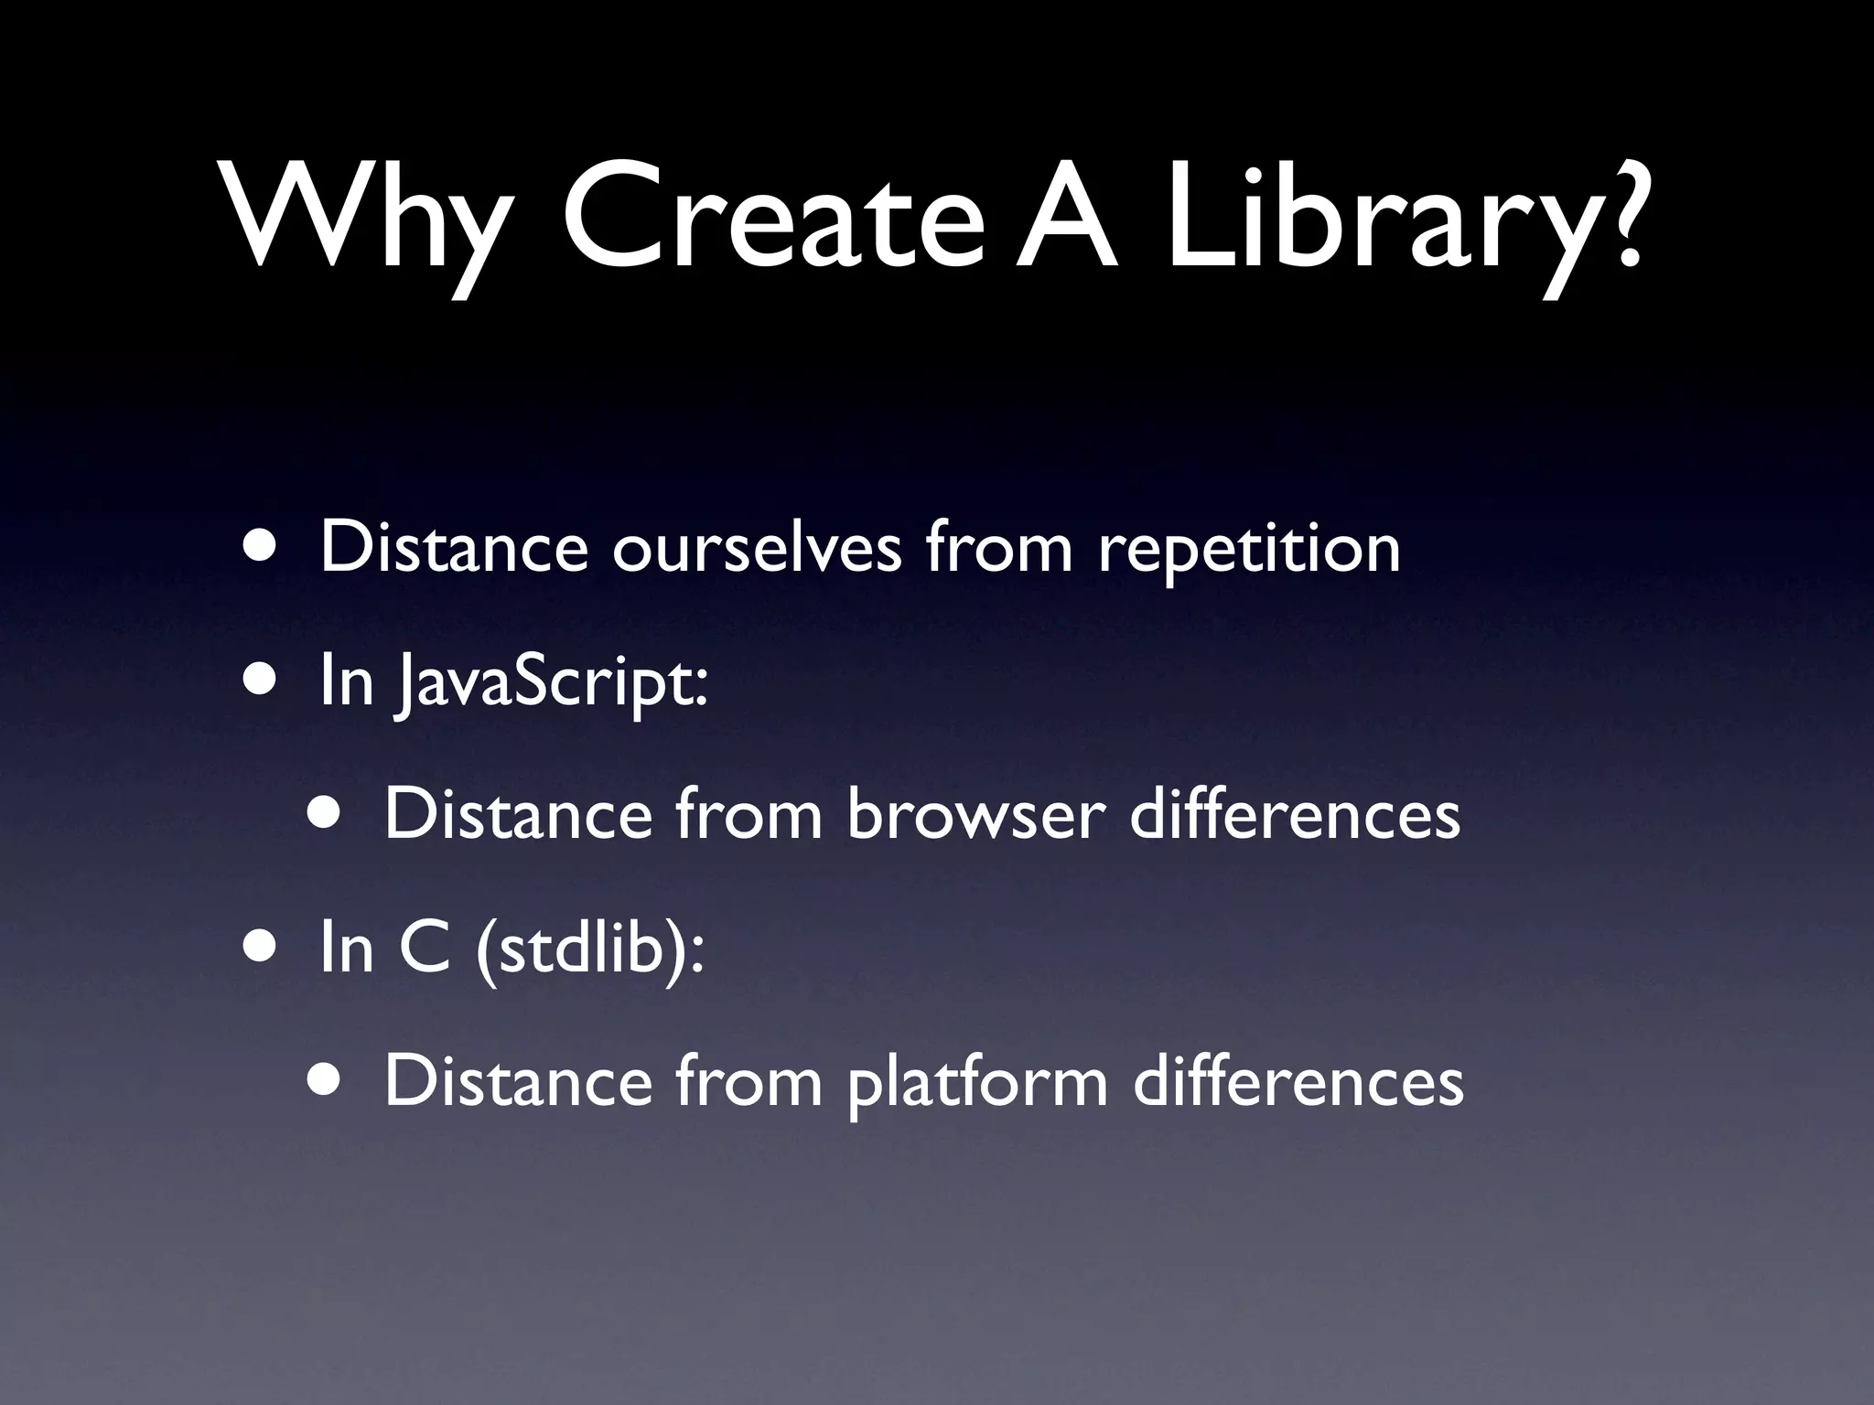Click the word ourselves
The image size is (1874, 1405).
click(x=756, y=549)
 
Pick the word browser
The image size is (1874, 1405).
click(x=975, y=814)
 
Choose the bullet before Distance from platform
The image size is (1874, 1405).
click(x=327, y=1080)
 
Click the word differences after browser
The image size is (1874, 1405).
click(x=1294, y=814)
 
